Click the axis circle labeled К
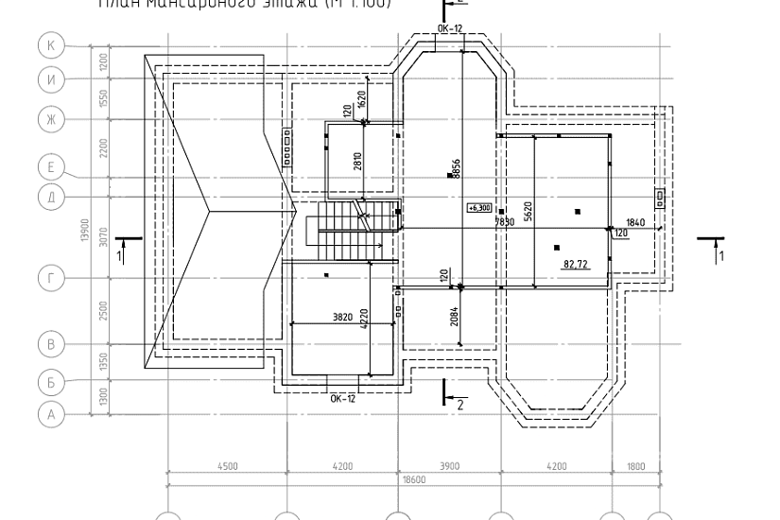point(51,44)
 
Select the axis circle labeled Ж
point(51,118)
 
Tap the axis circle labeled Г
point(51,278)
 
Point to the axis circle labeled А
point(51,413)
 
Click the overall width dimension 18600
point(414,479)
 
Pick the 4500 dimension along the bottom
point(227,465)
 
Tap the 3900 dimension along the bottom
point(449,465)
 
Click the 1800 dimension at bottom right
point(636,465)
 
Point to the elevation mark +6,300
point(479,207)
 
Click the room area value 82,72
point(576,265)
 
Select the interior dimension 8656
point(456,168)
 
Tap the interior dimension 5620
point(528,211)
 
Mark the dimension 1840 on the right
point(634,222)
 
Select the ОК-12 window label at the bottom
point(342,398)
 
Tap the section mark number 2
point(459,404)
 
